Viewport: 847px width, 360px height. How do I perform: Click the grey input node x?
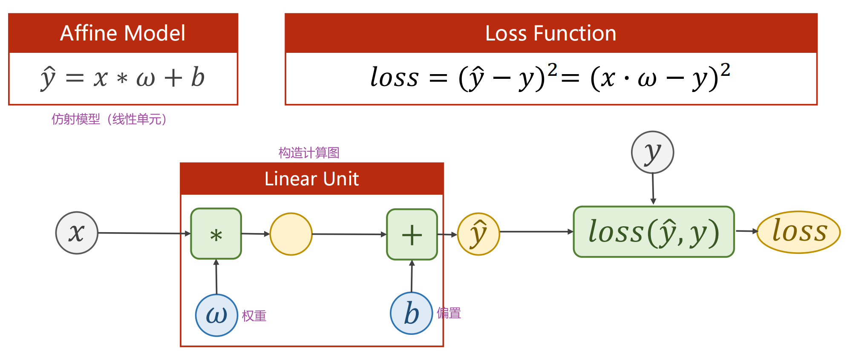[77, 233]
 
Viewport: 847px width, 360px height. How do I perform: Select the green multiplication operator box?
[216, 234]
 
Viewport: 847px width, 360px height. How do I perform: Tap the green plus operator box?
[412, 234]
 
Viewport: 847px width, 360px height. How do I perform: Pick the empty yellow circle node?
[291, 234]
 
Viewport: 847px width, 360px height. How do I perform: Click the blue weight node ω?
[216, 315]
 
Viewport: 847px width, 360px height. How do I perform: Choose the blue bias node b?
[412, 313]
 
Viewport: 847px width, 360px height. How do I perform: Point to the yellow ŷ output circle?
[478, 234]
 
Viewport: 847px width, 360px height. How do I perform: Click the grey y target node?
[652, 152]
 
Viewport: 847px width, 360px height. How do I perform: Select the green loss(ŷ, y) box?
[654, 232]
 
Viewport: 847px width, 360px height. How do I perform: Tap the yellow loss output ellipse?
[798, 232]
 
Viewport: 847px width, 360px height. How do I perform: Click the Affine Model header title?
[123, 33]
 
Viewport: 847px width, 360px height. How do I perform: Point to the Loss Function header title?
[550, 33]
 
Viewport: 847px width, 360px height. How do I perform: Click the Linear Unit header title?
[311, 179]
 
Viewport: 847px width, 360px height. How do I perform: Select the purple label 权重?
[254, 316]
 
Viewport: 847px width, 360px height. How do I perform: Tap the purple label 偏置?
[449, 313]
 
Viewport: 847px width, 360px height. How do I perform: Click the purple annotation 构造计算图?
[309, 153]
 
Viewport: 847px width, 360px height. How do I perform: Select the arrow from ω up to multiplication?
[216, 277]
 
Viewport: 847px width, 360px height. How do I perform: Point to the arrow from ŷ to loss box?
[536, 232]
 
